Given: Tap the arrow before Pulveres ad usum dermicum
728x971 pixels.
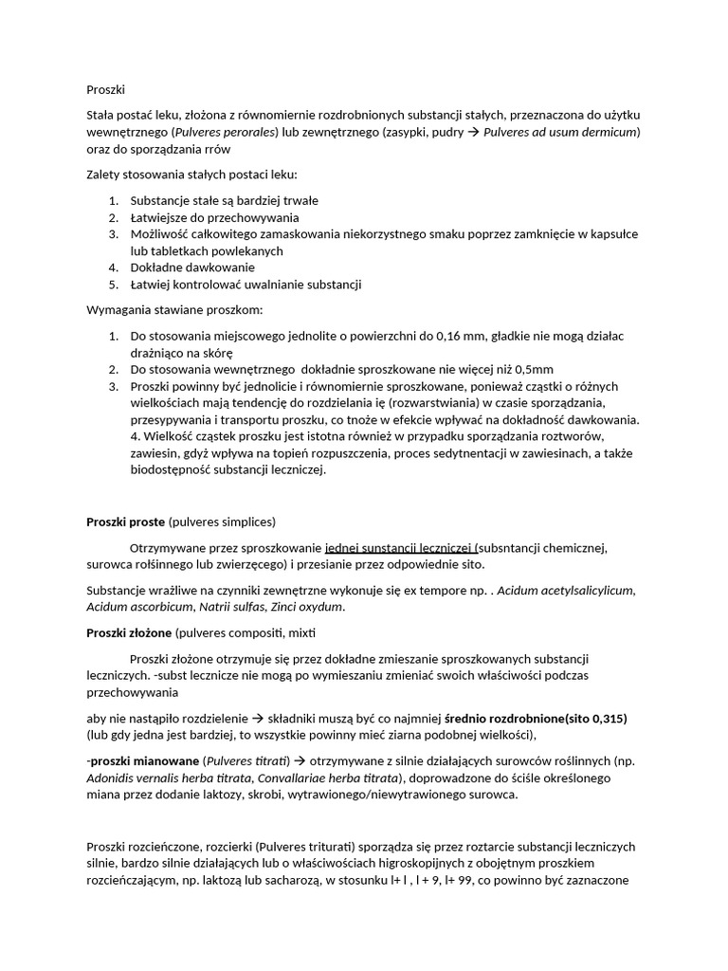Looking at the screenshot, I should pyautogui.click(x=473, y=132).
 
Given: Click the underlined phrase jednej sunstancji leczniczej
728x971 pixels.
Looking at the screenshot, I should pyautogui.click(x=399, y=547).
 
